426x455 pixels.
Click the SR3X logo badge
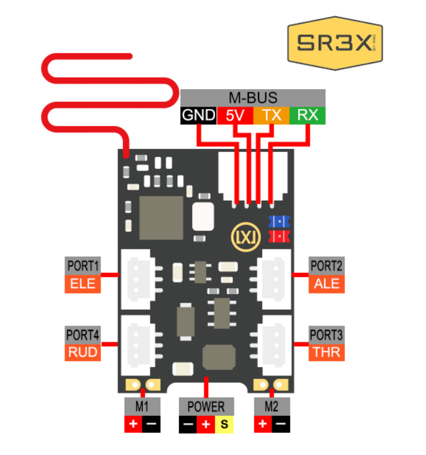click(x=336, y=44)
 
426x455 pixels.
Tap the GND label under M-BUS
click(x=198, y=116)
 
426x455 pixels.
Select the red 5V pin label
click(x=234, y=116)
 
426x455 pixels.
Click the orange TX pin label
click(x=271, y=116)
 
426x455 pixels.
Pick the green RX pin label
click(x=307, y=116)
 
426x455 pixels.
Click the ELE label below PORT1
click(x=83, y=283)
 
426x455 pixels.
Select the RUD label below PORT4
click(x=83, y=352)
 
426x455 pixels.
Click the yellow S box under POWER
click(x=224, y=424)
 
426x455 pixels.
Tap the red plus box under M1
click(x=133, y=424)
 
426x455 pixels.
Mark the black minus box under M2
click(x=280, y=424)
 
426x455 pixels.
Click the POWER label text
click(x=206, y=407)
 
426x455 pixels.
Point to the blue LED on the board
click(x=279, y=222)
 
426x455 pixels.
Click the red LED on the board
click(x=279, y=236)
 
